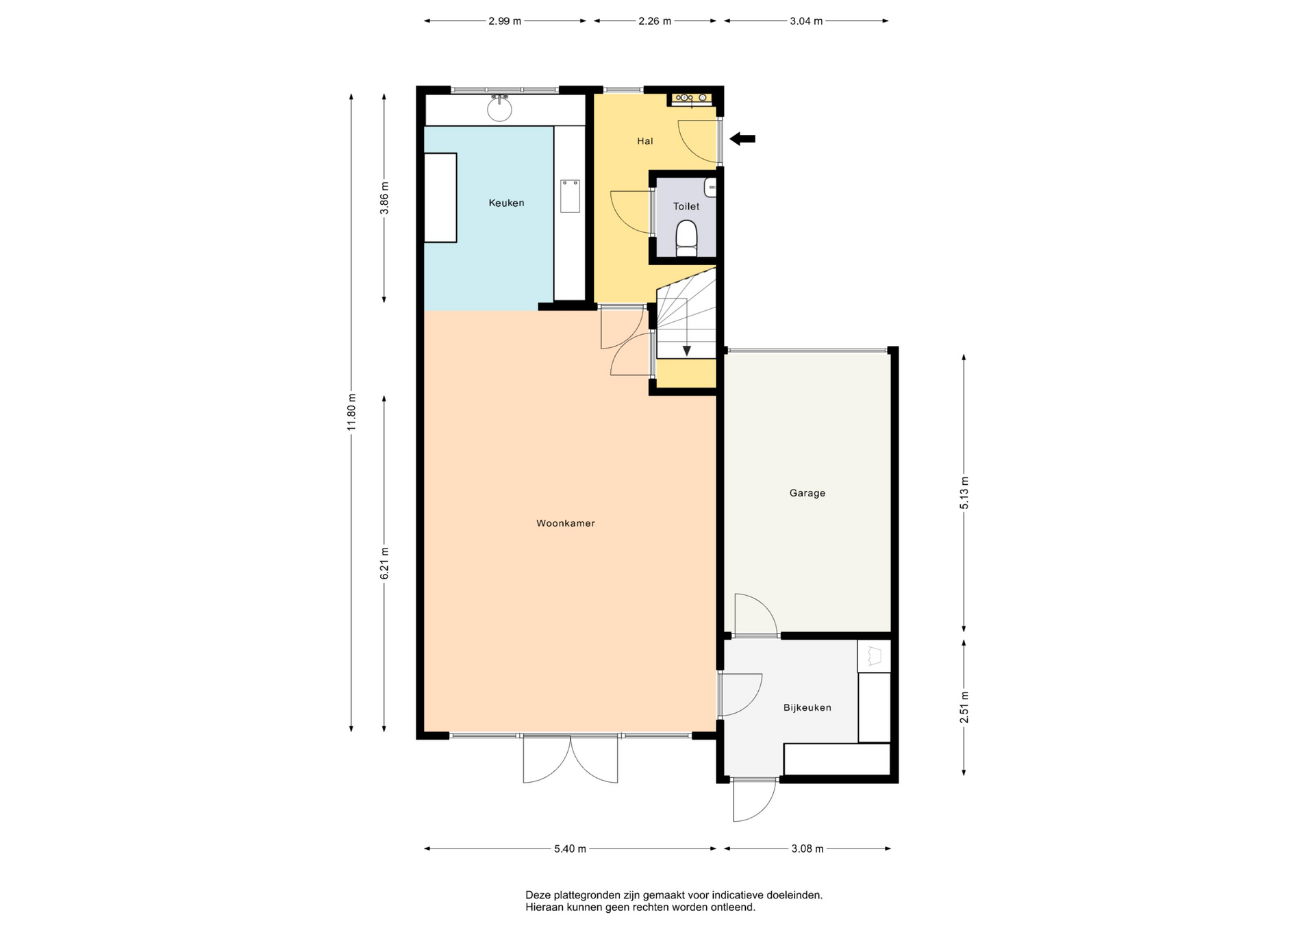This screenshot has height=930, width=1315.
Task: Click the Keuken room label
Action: click(506, 203)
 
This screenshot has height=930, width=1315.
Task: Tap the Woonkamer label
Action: click(566, 523)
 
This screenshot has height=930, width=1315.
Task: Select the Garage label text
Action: click(807, 493)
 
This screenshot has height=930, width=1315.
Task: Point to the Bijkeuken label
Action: click(807, 707)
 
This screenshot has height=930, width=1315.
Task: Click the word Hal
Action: click(645, 141)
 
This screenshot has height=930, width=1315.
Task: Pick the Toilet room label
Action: click(686, 206)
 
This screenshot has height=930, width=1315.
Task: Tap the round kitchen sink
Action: click(500, 109)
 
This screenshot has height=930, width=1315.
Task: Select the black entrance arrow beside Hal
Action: click(742, 139)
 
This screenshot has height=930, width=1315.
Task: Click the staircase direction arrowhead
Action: click(686, 351)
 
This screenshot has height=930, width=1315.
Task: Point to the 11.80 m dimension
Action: click(351, 412)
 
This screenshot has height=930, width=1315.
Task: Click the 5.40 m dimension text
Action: click(570, 849)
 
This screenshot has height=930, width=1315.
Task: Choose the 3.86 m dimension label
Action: click(384, 198)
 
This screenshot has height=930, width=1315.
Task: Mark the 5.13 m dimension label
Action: click(964, 492)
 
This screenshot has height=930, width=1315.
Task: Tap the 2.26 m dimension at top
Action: click(655, 21)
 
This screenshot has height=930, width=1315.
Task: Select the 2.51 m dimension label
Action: click(964, 707)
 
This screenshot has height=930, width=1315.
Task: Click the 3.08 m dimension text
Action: click(807, 849)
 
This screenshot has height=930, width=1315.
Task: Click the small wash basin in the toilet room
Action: click(711, 187)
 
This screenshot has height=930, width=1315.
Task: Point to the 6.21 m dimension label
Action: click(384, 564)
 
